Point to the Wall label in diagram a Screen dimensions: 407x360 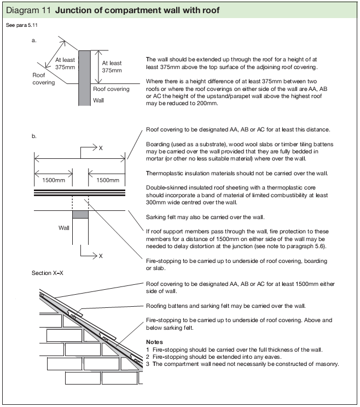(x=98, y=101)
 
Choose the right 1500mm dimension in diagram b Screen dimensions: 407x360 (x=107, y=180)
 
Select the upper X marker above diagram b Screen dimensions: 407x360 (x=100, y=147)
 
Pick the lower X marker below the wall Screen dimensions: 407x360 (x=100, y=255)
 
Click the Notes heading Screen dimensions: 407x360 (x=155, y=341)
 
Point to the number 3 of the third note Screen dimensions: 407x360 (x=148, y=364)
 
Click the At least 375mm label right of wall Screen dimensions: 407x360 (x=112, y=67)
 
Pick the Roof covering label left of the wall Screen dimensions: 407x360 (x=44, y=79)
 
